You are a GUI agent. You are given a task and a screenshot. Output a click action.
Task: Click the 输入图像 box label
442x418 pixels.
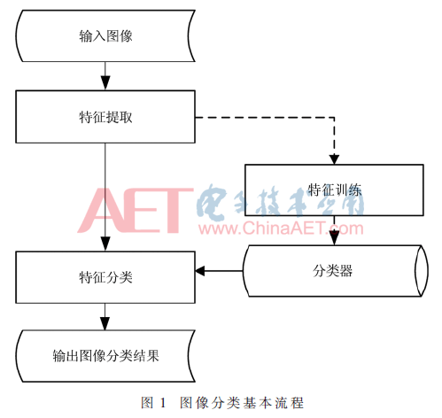click(105, 36)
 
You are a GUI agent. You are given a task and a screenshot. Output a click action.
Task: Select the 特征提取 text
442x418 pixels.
click(105, 117)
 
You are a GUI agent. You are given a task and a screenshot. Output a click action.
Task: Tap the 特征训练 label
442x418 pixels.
click(334, 190)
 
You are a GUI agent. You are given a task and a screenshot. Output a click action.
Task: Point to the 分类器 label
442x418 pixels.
click(332, 270)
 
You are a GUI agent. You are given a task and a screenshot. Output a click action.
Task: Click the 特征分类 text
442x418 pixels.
click(105, 277)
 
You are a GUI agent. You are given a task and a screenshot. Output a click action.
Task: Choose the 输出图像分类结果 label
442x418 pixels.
click(105, 356)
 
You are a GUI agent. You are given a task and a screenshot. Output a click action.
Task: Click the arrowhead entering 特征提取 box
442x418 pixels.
click(105, 83)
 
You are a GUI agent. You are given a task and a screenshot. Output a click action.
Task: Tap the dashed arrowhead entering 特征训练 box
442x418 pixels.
click(334, 159)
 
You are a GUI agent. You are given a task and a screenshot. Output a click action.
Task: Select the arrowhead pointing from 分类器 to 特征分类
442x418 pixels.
click(200, 271)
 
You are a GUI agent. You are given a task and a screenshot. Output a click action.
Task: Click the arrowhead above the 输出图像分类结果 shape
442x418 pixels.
click(105, 323)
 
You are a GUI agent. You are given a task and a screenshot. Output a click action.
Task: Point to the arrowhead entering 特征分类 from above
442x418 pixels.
click(105, 244)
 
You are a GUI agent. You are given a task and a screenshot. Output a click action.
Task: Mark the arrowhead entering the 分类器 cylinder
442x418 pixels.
click(334, 238)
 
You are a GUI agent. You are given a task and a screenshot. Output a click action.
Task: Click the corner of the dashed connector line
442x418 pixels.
click(334, 118)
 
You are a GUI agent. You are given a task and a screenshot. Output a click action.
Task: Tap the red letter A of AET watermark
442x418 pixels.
click(101, 210)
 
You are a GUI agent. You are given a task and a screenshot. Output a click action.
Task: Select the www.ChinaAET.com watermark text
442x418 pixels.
click(281, 228)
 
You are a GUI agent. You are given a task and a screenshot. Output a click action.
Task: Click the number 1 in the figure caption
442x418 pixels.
click(162, 403)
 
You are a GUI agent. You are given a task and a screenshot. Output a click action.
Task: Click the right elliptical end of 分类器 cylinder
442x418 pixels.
click(422, 271)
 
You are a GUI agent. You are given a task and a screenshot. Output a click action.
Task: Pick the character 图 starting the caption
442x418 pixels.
click(147, 403)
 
